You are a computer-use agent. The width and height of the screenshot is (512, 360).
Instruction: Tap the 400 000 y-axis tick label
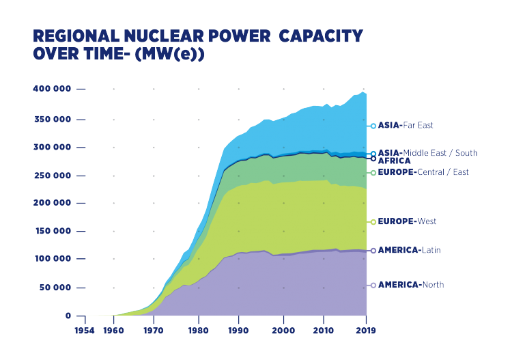point(52,89)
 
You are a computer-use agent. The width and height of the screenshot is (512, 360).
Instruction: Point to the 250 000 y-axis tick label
point(52,175)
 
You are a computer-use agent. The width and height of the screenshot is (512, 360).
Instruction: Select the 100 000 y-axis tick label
point(52,258)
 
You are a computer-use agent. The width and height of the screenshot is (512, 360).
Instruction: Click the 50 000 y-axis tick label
point(55,287)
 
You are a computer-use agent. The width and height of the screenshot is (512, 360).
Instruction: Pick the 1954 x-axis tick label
point(85,330)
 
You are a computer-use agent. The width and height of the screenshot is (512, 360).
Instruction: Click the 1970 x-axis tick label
point(154,330)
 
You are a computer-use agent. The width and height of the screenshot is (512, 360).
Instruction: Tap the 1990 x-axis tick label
point(238,330)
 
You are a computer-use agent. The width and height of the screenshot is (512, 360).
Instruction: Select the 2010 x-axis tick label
point(322,330)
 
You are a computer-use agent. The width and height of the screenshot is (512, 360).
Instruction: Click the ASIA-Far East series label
point(406,126)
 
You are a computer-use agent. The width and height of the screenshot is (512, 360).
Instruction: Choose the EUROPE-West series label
point(407,222)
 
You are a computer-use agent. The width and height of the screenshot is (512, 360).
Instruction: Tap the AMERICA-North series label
point(410,285)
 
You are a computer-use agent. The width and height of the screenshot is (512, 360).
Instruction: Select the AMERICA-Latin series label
point(409,250)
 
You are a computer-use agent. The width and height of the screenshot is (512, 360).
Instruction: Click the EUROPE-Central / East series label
point(423,172)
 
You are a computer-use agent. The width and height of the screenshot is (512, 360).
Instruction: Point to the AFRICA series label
point(394,161)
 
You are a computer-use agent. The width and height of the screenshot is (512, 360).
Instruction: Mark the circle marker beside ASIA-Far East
point(373,126)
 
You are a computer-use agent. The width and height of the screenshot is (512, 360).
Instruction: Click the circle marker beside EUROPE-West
point(373,222)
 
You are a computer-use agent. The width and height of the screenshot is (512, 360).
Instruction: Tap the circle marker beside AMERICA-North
point(373,285)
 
